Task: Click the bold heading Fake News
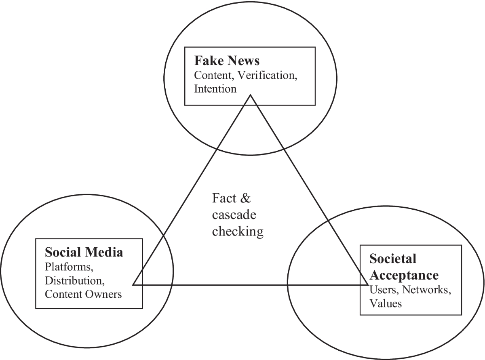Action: (226, 61)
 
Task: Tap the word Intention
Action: (215, 88)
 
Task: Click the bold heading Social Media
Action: (84, 253)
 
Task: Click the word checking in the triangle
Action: (238, 231)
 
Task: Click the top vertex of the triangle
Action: (251, 95)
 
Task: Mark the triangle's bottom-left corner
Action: (134, 284)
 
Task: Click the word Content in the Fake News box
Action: (210, 75)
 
